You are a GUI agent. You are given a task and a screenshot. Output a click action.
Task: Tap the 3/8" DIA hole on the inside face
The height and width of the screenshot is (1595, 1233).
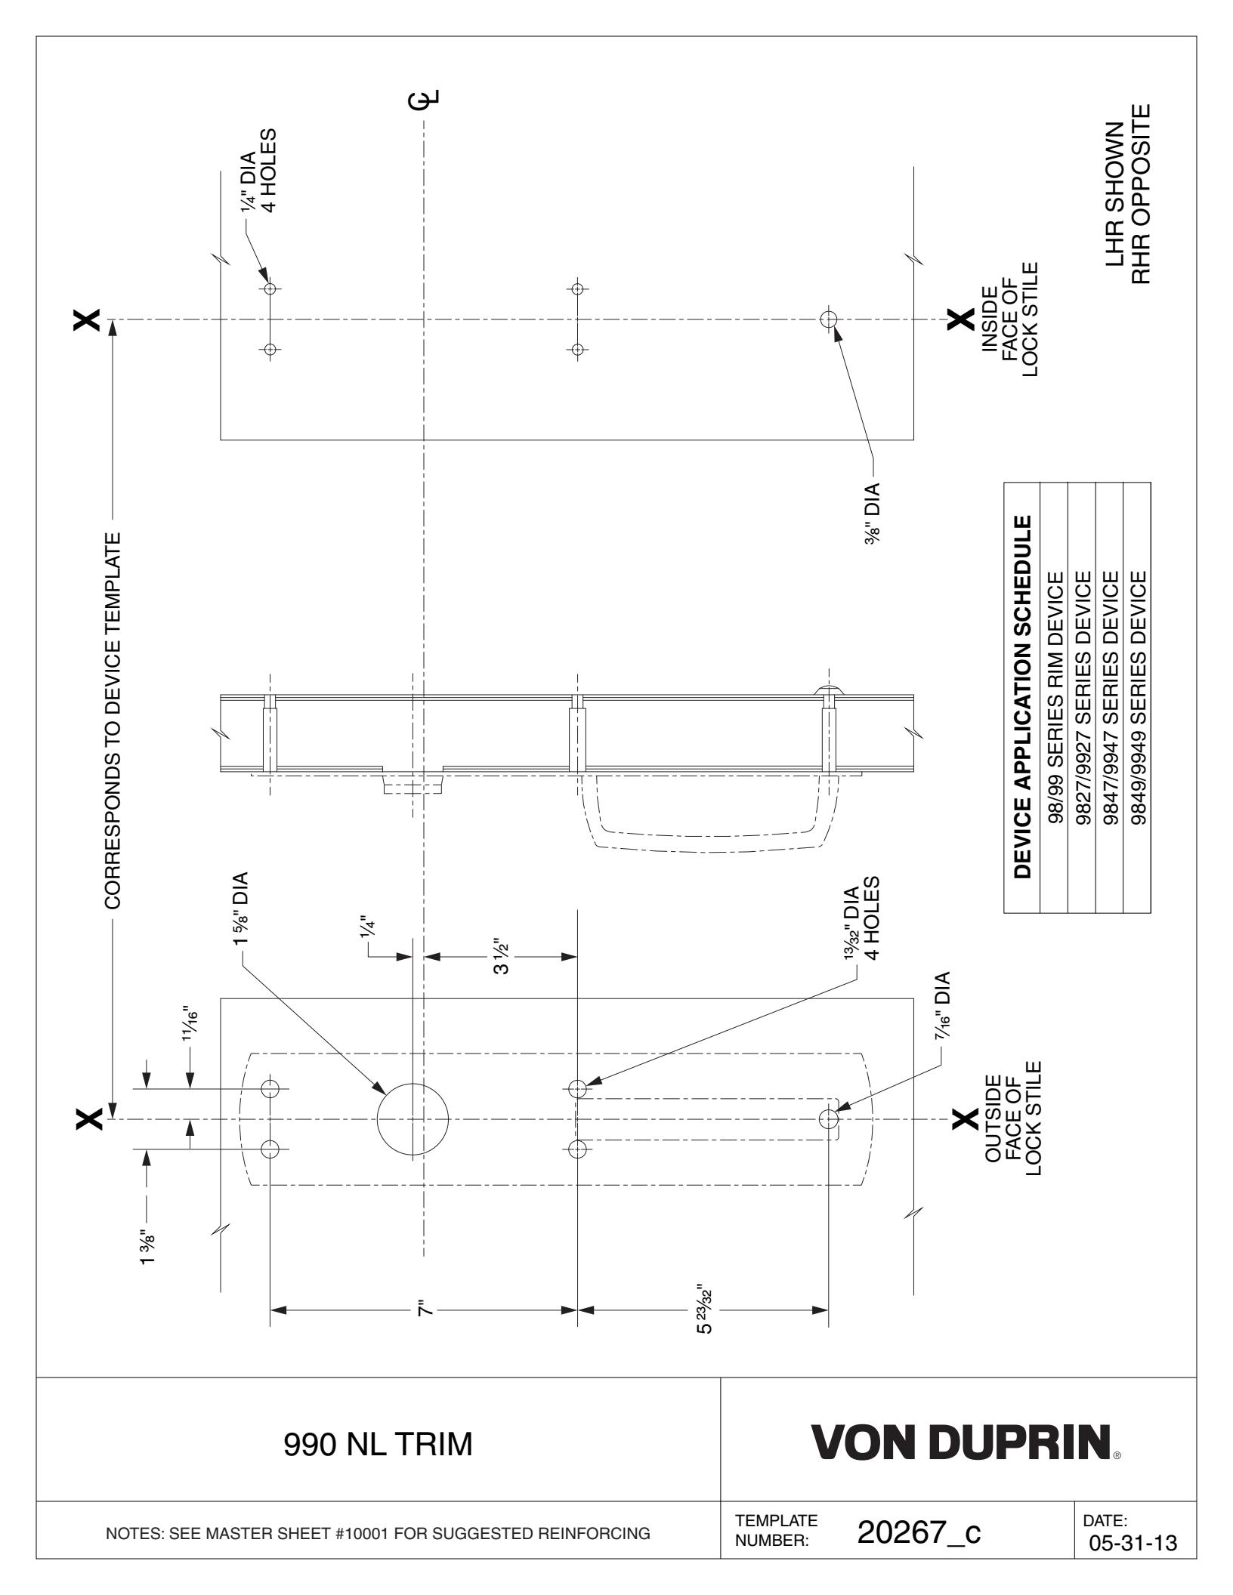(829, 319)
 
